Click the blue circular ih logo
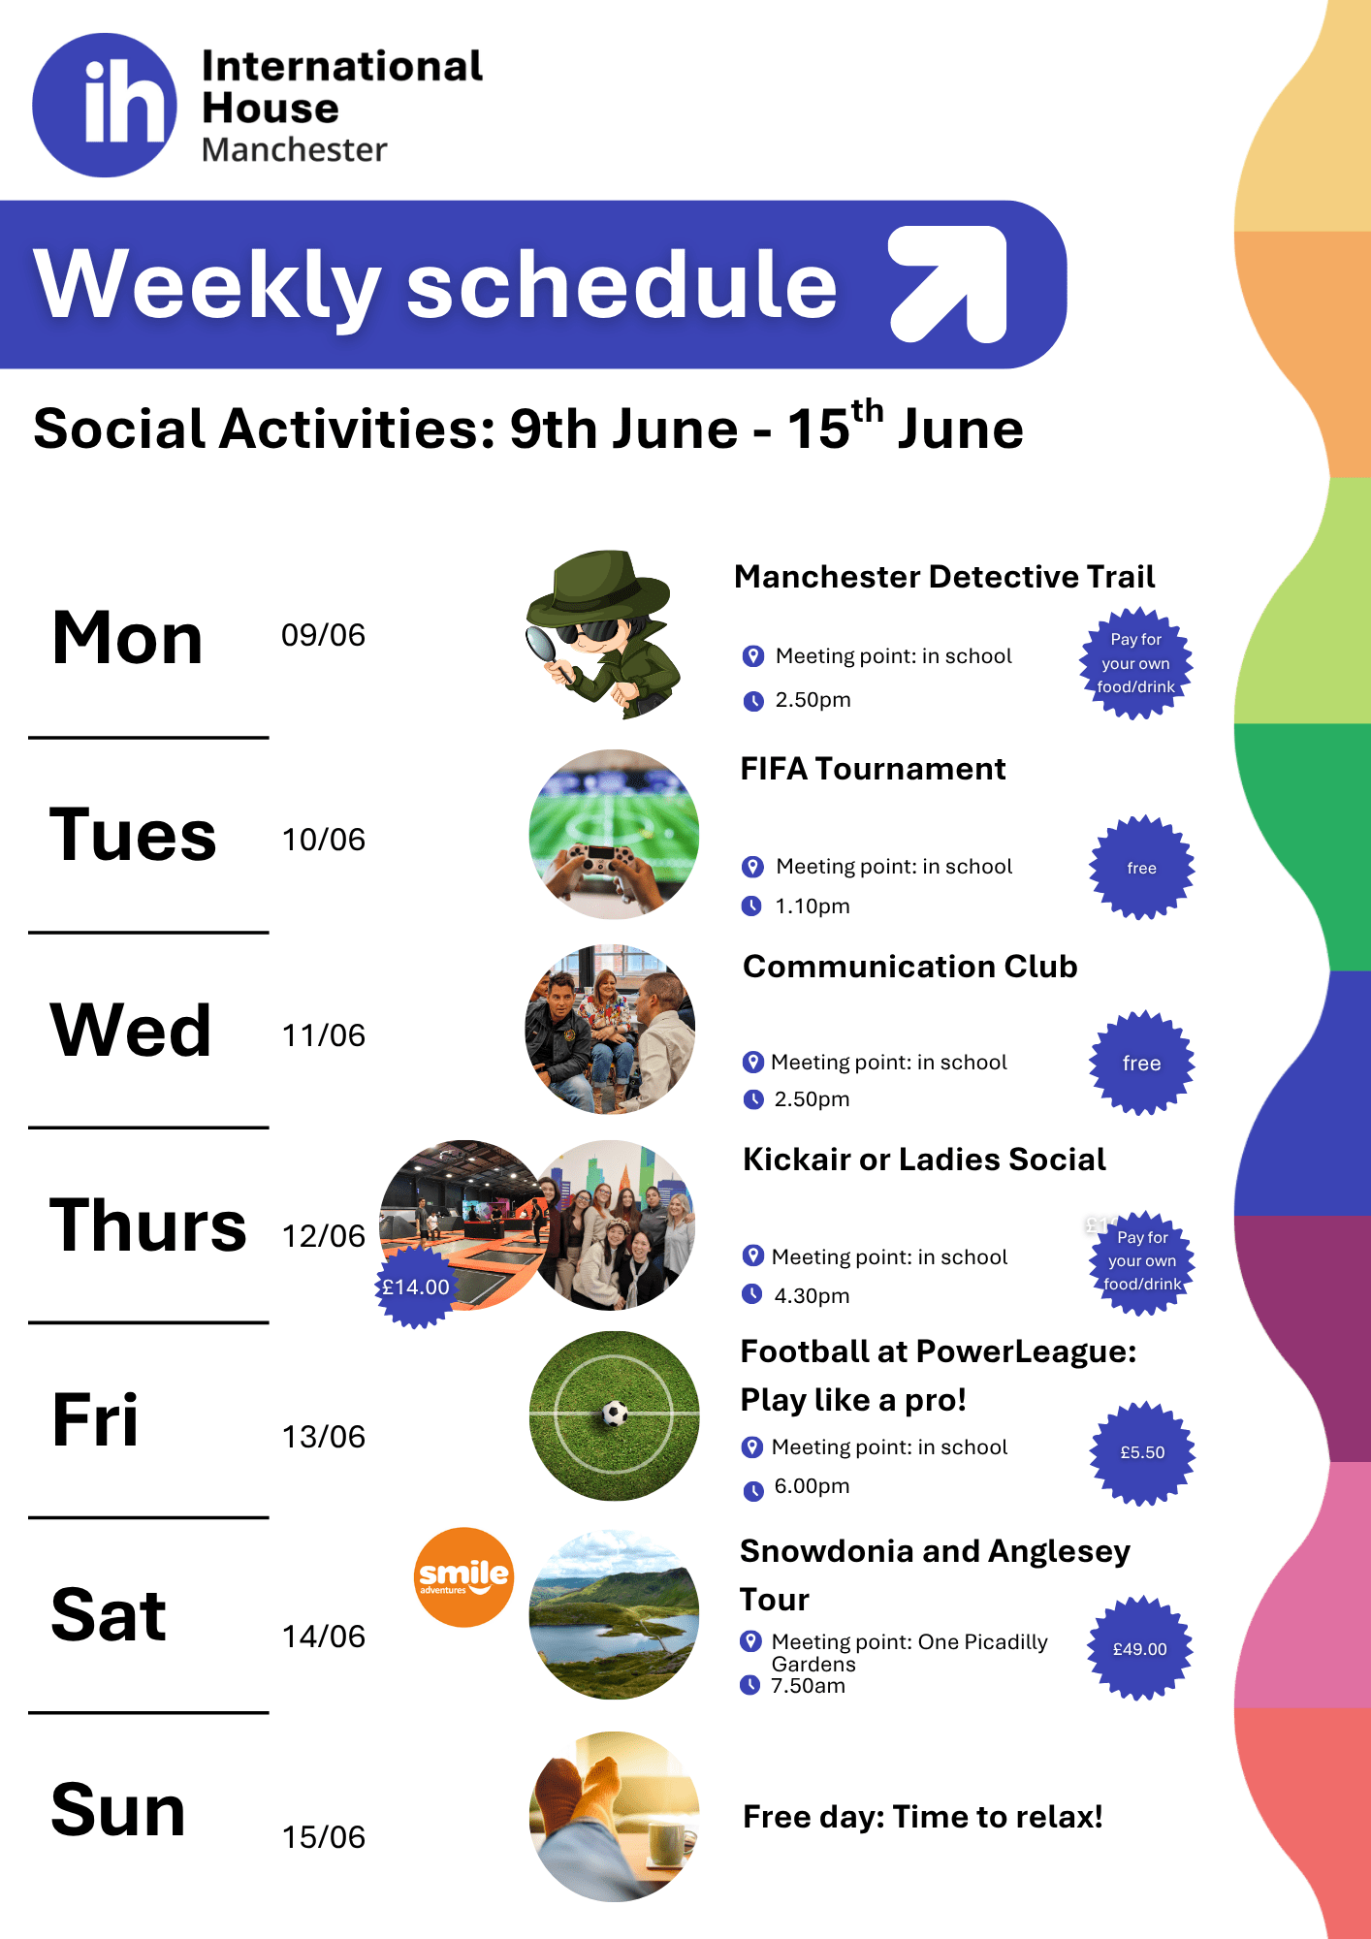(105, 105)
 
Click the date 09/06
(323, 635)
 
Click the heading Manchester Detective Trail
(944, 577)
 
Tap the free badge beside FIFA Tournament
(1142, 868)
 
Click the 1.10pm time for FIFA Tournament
(813, 906)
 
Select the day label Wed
(131, 1030)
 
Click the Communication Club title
(909, 967)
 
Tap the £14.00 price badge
(416, 1287)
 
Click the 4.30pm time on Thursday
(812, 1296)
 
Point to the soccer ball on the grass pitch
(615, 1414)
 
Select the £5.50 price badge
(1143, 1452)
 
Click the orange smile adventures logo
(463, 1577)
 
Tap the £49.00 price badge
(1140, 1648)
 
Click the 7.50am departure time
(808, 1686)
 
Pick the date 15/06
(323, 1837)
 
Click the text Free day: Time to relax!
(923, 1817)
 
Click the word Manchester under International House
(295, 150)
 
